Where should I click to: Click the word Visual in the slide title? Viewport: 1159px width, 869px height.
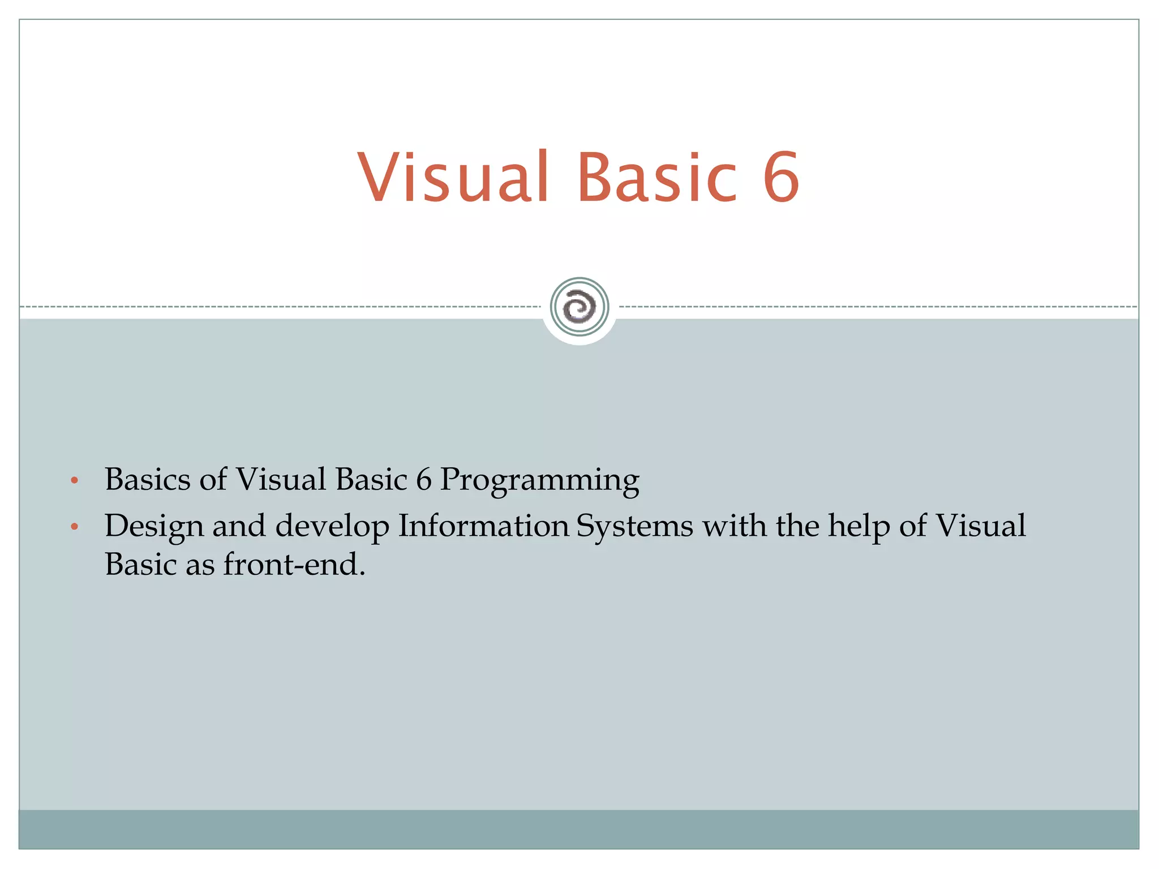point(453,177)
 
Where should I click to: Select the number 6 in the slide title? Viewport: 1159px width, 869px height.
point(781,177)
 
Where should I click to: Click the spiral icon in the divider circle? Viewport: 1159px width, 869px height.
point(579,307)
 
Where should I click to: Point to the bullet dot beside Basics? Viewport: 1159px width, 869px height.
point(74,481)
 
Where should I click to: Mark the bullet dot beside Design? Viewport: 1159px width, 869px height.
point(74,528)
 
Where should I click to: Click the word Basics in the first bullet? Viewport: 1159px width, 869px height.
point(147,480)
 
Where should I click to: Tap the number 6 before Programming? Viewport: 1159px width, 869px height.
point(424,480)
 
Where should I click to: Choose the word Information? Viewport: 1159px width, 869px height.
point(484,526)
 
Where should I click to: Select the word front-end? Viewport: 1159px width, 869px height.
point(294,565)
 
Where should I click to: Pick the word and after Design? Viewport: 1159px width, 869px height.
point(239,526)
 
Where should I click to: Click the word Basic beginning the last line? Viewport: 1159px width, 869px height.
point(141,565)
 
